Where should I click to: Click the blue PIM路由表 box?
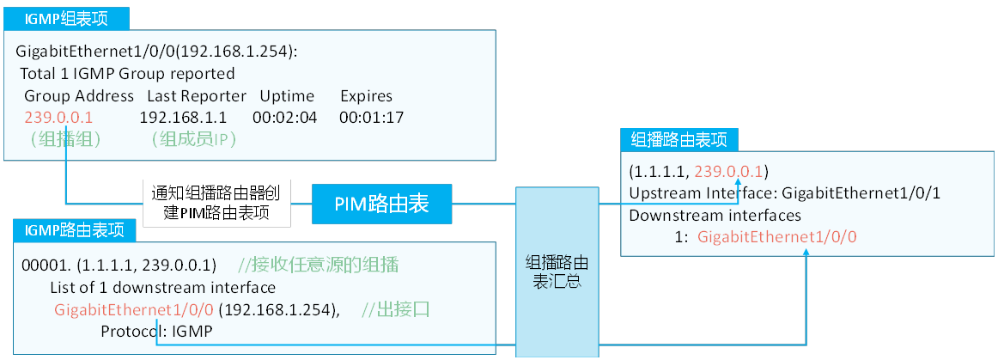(381, 204)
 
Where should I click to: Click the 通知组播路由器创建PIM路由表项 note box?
(216, 203)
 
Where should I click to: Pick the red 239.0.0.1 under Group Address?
(58, 117)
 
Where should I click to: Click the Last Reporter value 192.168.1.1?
(183, 117)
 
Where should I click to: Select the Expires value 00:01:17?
(371, 117)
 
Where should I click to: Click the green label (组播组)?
(66, 138)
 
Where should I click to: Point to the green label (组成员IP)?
(192, 138)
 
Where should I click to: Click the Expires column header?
(366, 95)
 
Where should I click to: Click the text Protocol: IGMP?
(156, 331)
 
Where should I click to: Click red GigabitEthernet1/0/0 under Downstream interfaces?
(777, 236)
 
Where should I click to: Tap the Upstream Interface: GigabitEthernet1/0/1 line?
(784, 192)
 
